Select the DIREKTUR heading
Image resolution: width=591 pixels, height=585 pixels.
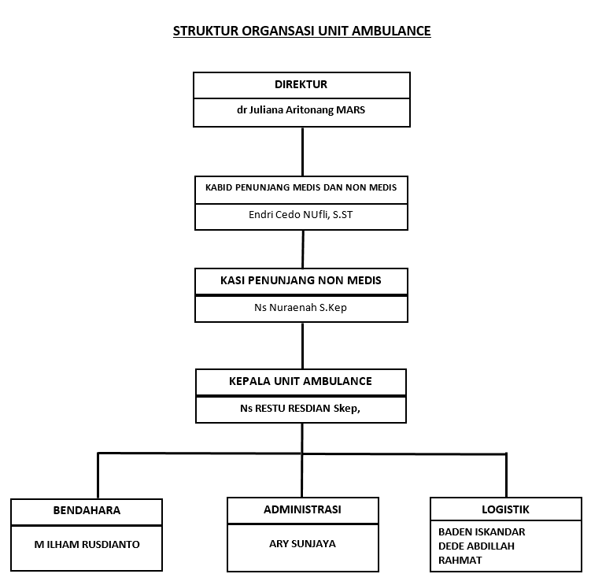[301, 84]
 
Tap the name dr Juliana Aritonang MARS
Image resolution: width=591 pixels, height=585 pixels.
[301, 109]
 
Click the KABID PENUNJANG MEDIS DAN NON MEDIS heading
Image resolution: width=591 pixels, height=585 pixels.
[301, 187]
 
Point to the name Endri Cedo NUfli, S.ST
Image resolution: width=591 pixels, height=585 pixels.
[301, 215]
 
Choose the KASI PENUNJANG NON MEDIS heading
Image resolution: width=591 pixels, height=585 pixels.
[301, 280]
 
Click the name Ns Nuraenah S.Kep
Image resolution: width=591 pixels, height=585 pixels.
[301, 308]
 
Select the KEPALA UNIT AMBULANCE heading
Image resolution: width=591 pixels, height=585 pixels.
[301, 381]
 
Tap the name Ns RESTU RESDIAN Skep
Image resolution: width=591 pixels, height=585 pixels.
[300, 409]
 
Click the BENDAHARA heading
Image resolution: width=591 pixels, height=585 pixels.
[87, 510]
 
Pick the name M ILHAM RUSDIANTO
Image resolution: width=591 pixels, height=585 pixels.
[87, 545]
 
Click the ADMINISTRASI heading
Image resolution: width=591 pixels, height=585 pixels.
[302, 509]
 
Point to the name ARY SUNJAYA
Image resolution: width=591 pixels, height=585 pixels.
[302, 544]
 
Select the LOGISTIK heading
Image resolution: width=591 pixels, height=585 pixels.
[505, 509]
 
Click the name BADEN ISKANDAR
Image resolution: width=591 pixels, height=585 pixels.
[482, 531]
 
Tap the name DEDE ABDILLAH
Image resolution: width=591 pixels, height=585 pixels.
[476, 546]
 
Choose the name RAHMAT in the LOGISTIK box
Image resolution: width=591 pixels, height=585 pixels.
[460, 561]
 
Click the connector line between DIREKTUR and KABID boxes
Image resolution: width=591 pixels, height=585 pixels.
[302, 152]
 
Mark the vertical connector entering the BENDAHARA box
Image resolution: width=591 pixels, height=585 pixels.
[98, 476]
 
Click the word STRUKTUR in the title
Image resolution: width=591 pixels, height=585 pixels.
[206, 31]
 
